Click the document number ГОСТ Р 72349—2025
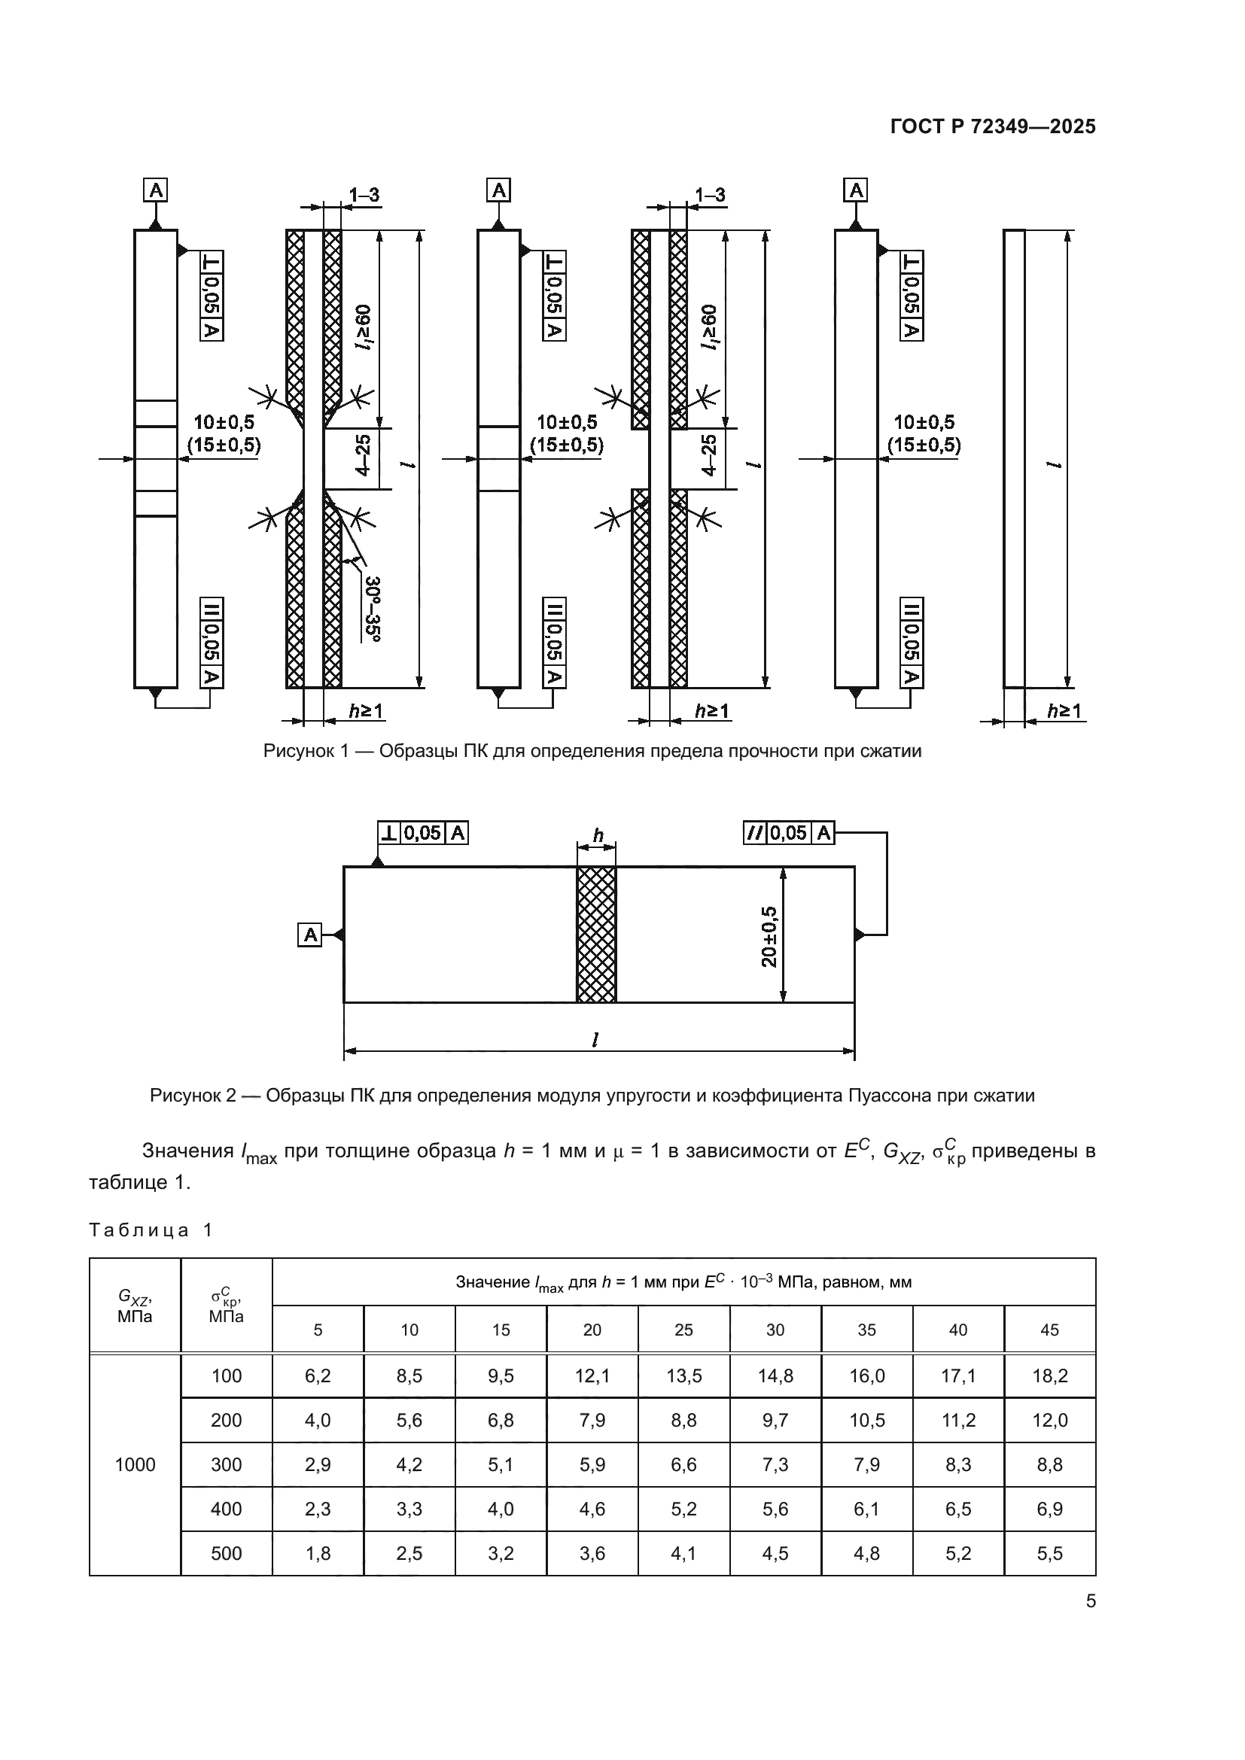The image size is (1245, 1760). pyautogui.click(x=993, y=126)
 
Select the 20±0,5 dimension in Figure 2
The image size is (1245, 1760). pyautogui.click(x=769, y=937)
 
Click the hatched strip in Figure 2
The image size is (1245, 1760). pyautogui.click(x=595, y=935)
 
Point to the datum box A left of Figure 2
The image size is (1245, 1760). pyautogui.click(x=309, y=935)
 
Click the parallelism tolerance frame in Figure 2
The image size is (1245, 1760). pyautogui.click(x=789, y=832)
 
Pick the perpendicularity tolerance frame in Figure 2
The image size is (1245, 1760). pyautogui.click(x=422, y=832)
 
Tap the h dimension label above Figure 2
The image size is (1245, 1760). pyautogui.click(x=598, y=836)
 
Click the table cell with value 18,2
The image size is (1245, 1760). pyautogui.click(x=1049, y=1376)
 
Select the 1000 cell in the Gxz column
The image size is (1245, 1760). pyautogui.click(x=135, y=1465)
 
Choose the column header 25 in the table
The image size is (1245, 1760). pyautogui.click(x=683, y=1330)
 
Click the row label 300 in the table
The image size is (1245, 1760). pyautogui.click(x=226, y=1465)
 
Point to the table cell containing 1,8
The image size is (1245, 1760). pyautogui.click(x=318, y=1554)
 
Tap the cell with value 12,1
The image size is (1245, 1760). pyautogui.click(x=592, y=1376)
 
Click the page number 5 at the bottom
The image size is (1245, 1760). pyautogui.click(x=1090, y=1601)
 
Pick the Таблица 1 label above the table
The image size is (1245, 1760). pyautogui.click(x=151, y=1230)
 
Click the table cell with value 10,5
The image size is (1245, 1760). pyautogui.click(x=866, y=1421)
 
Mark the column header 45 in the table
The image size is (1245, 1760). pyautogui.click(x=1049, y=1330)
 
